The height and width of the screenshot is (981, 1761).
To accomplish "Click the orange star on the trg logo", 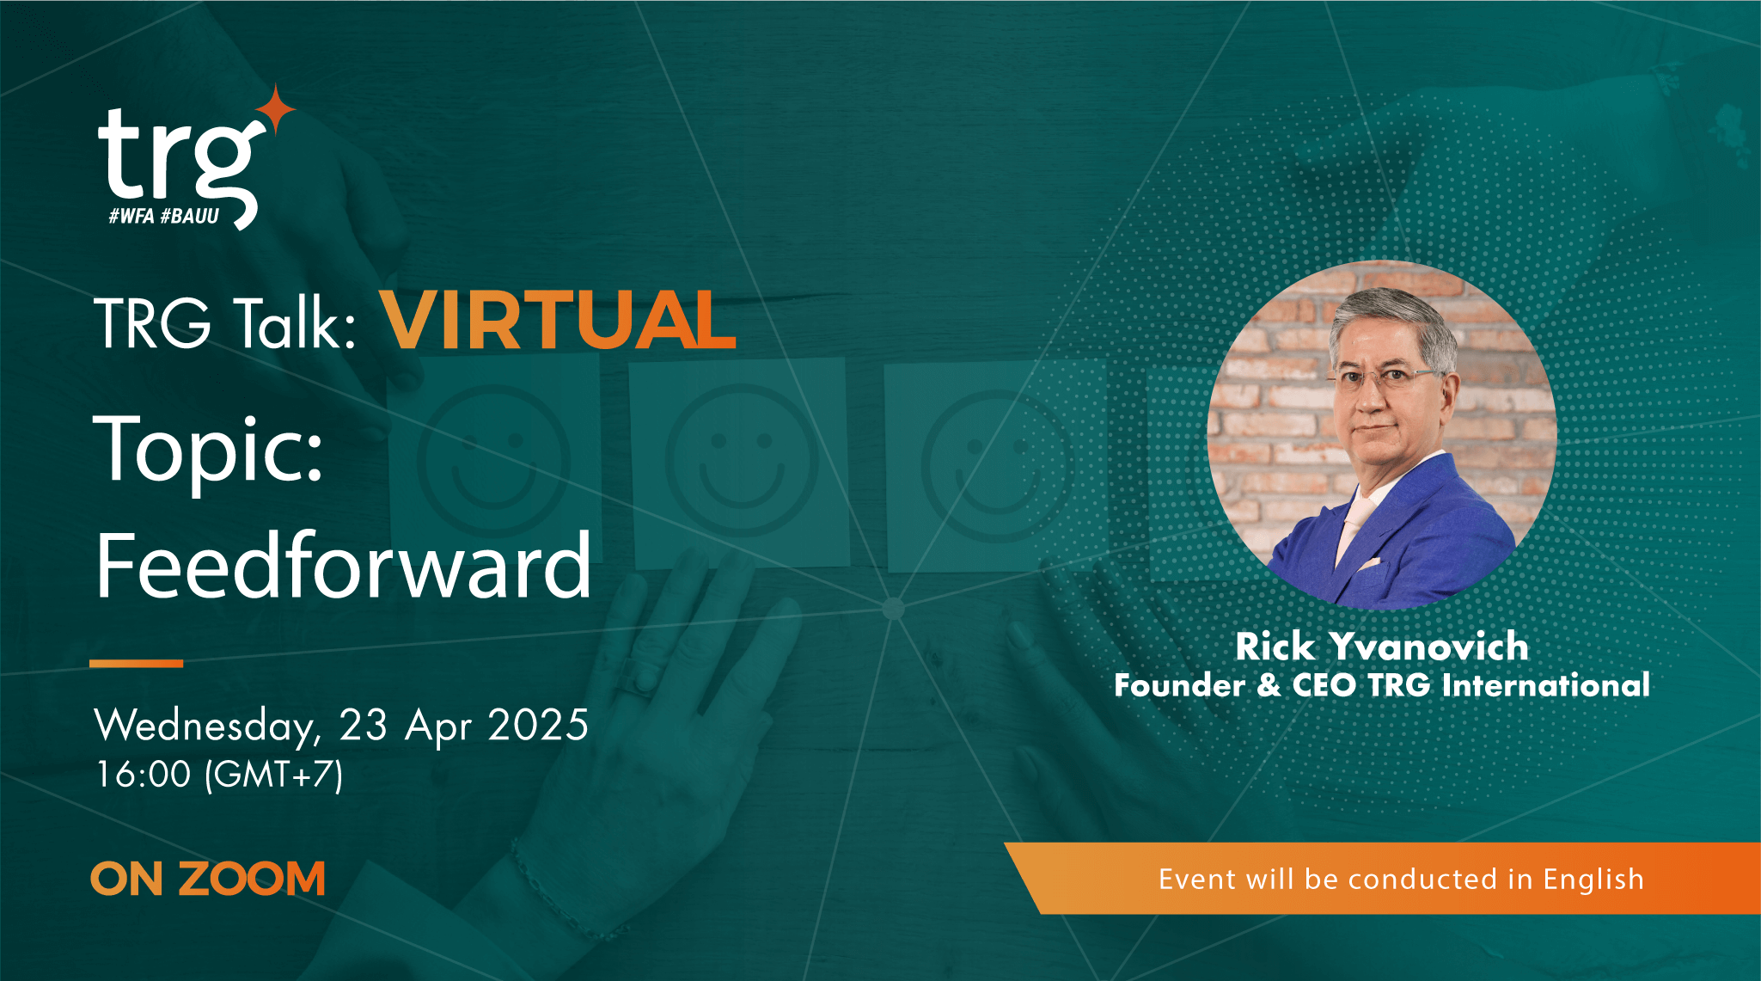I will pyautogui.click(x=276, y=109).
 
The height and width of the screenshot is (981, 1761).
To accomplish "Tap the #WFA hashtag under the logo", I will pyautogui.click(x=131, y=216).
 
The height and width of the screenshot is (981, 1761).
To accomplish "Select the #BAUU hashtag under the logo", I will pyautogui.click(x=190, y=216).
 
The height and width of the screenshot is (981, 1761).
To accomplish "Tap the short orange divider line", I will pyautogui.click(x=137, y=663).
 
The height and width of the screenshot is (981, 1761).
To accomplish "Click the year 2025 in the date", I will pyautogui.click(x=538, y=726).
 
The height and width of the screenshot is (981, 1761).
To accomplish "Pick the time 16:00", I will pyautogui.click(x=144, y=774).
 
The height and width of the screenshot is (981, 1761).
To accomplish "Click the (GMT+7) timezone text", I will pyautogui.click(x=274, y=774).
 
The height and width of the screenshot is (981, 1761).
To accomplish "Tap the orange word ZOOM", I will pyautogui.click(x=252, y=879).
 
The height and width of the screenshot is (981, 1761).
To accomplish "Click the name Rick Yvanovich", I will pyautogui.click(x=1382, y=647).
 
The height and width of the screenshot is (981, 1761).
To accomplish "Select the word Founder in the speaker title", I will pyautogui.click(x=1179, y=685).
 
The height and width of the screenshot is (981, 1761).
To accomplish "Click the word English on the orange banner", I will pyautogui.click(x=1593, y=879).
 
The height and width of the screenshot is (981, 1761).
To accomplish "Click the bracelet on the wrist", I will pyautogui.click(x=559, y=894).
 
